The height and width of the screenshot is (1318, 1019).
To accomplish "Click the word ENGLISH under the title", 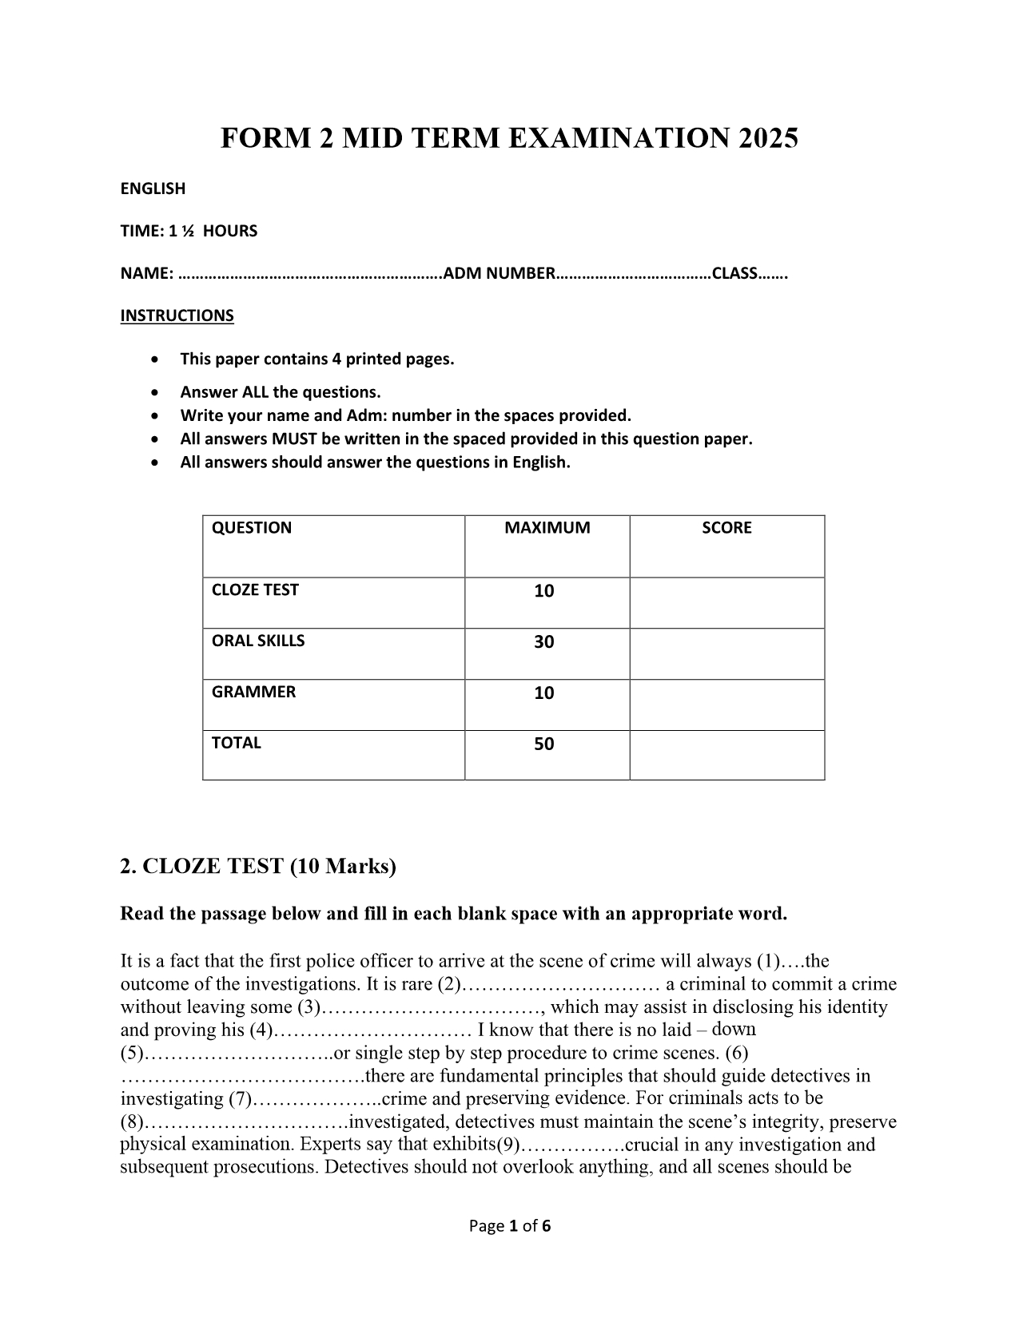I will coord(153,189).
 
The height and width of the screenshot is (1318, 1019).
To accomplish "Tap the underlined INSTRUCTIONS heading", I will coord(177,316).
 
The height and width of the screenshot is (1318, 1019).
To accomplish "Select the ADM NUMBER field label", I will coord(499,273).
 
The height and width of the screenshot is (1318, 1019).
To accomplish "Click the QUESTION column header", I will coord(252,528).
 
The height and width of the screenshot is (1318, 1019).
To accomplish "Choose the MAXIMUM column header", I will coord(547,528).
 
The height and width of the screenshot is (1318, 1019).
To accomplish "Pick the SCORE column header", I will coord(726,528).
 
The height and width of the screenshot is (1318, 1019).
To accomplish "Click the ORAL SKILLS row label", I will coord(258,641).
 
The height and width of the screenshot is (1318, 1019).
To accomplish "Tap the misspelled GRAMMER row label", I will coord(253,693).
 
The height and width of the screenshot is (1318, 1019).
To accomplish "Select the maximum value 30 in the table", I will coord(544,642).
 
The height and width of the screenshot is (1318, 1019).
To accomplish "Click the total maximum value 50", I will coord(544,744).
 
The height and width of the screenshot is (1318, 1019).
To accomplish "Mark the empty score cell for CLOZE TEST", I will coord(726,602).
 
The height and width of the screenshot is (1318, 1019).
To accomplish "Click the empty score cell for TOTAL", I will coord(726,755).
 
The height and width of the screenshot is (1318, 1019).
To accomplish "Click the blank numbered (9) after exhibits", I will coord(571,1145).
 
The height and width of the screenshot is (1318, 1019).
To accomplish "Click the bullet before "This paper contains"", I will coord(154,359).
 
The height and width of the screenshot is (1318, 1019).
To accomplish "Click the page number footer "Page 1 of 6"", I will coord(510,1226).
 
